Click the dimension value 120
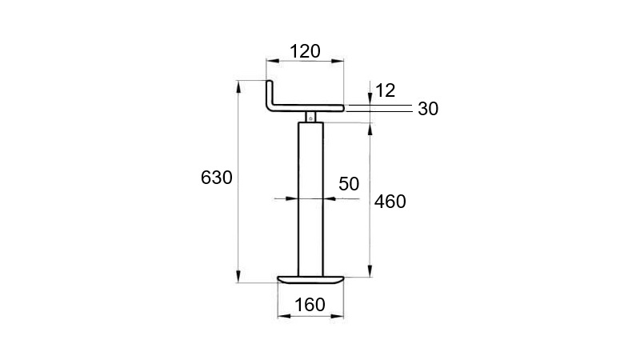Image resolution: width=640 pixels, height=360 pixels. (x=305, y=51)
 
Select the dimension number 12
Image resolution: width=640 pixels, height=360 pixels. (x=385, y=90)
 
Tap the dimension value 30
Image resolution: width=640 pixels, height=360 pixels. (x=428, y=110)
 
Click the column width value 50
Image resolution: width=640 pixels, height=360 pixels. (x=349, y=183)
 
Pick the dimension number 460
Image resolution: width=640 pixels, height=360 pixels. (x=390, y=202)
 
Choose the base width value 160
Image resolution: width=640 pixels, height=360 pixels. (x=309, y=304)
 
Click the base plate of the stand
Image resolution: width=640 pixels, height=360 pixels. (x=310, y=279)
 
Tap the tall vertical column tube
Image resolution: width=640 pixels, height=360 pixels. (x=310, y=200)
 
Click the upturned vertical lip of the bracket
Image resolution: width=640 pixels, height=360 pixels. (x=270, y=93)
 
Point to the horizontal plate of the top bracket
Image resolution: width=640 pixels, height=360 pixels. (x=312, y=106)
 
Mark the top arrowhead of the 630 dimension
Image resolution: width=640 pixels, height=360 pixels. (x=238, y=86)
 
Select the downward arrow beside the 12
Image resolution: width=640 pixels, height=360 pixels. (x=370, y=98)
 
